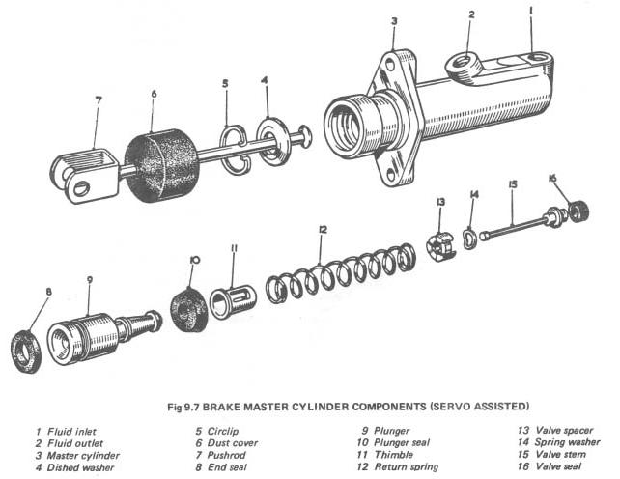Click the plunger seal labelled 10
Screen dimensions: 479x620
point(188,308)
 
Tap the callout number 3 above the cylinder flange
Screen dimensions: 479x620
point(394,20)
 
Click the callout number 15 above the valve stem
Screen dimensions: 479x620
point(513,184)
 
